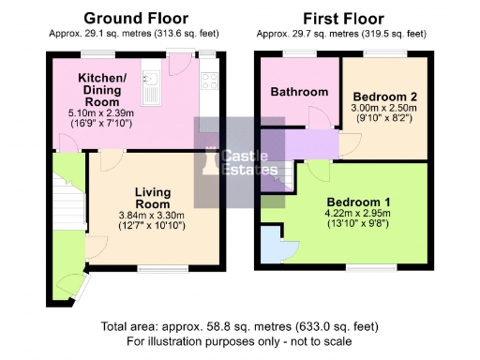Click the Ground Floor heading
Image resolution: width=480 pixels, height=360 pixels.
pos(136,18)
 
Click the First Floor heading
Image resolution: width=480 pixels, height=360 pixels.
pos(343,18)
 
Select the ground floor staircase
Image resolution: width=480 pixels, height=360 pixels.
pos(67,202)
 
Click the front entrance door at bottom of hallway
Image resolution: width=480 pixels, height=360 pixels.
pos(67,281)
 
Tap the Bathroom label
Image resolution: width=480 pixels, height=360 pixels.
pos(299,92)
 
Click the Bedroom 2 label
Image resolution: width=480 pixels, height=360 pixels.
pos(383,96)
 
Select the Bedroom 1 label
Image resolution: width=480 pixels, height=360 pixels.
pos(358,202)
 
